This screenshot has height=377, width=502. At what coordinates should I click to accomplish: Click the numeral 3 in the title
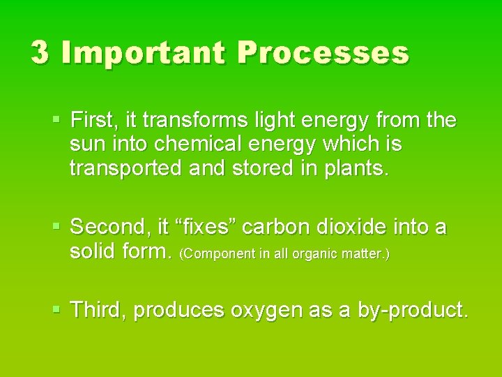[x=40, y=53]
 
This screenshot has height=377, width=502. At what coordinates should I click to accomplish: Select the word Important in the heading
[x=144, y=53]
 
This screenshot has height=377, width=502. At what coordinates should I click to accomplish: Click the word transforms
[x=204, y=121]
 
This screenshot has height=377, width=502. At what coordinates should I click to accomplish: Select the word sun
[x=86, y=145]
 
